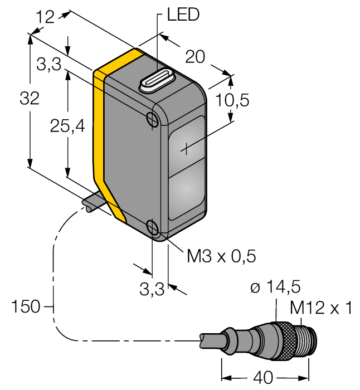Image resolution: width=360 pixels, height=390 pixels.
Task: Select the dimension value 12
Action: [x=46, y=18]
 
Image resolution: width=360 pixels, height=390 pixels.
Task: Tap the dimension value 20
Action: [x=195, y=56]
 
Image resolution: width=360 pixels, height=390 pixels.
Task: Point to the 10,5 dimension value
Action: [x=232, y=100]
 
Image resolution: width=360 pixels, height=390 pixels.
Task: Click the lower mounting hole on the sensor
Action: [x=154, y=226]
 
